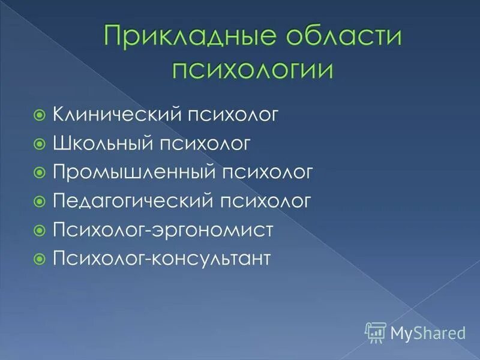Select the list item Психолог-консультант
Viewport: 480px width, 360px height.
[163, 259]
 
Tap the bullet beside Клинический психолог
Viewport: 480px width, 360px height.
[40, 114]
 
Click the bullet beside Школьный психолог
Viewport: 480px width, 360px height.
[40, 143]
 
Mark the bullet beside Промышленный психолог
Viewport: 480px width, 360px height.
[40, 172]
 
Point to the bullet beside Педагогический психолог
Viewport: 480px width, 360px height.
[40, 200]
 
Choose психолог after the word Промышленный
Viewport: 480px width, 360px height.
[267, 172]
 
